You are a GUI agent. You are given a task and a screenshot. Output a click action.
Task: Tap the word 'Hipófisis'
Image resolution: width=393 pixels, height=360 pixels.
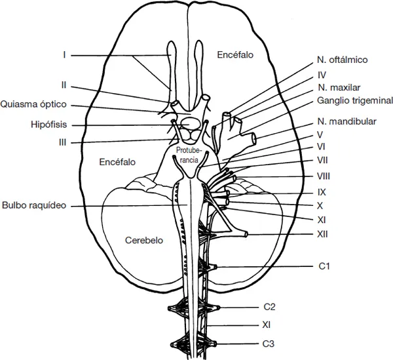click(x=48, y=123)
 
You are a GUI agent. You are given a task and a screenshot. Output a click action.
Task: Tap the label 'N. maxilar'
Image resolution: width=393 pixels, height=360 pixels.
click(x=338, y=87)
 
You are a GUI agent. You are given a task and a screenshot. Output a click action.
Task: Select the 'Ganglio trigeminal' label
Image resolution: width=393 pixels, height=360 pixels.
click(x=354, y=101)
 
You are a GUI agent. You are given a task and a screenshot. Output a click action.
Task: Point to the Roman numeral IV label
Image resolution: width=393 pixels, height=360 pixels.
click(x=322, y=74)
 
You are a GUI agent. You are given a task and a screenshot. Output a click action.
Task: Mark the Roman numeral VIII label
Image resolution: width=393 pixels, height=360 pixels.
click(x=322, y=176)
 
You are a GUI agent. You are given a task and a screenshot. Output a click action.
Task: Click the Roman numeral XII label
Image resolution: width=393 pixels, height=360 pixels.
click(x=322, y=234)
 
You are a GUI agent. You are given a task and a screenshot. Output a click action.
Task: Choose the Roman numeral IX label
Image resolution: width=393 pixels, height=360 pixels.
click(x=322, y=193)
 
